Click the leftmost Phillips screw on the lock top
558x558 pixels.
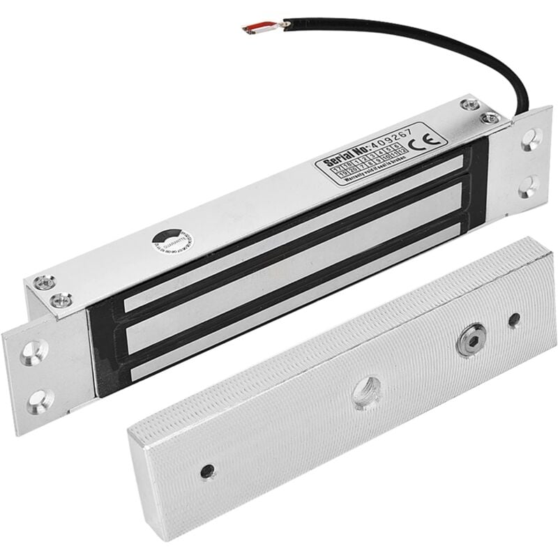pyautogui.click(x=43, y=281)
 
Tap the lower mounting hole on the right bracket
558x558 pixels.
pyautogui.click(x=529, y=185)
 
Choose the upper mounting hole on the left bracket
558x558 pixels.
pyautogui.click(x=36, y=352)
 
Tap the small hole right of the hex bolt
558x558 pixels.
pyautogui.click(x=514, y=320)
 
